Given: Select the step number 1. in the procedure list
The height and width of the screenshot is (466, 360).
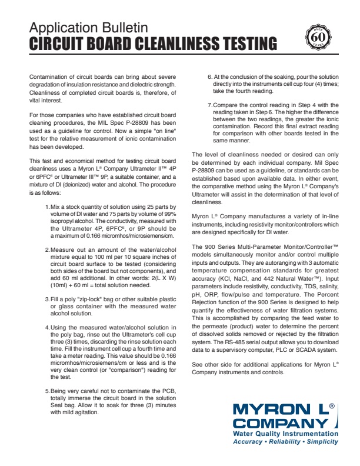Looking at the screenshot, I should (x=48, y=208).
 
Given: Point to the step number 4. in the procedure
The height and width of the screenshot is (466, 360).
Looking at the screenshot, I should (x=48, y=327).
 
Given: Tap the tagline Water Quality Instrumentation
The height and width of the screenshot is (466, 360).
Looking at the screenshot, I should (x=286, y=434).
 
